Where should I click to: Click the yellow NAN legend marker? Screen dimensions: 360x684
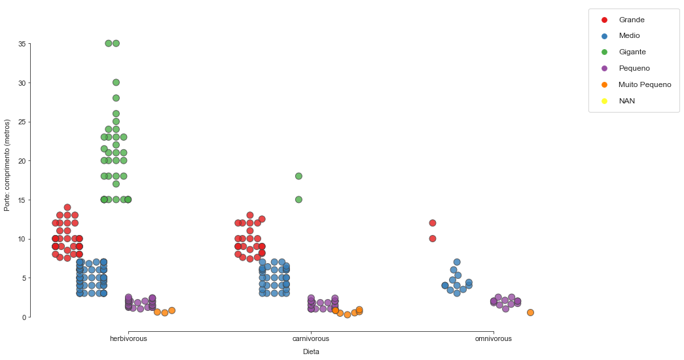(x=604, y=101)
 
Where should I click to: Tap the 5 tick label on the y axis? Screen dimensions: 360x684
(x=24, y=278)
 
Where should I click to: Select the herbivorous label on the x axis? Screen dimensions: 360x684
(x=128, y=339)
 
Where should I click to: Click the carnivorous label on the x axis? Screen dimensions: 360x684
(x=311, y=339)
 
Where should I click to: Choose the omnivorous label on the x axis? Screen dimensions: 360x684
(x=494, y=339)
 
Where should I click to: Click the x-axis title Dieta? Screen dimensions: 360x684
(x=311, y=352)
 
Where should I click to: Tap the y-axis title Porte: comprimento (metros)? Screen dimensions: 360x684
(x=7, y=165)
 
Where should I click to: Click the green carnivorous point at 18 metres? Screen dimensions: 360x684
(x=298, y=176)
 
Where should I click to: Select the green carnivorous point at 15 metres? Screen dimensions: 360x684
(x=298, y=200)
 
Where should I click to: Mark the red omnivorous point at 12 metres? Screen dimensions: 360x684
(x=433, y=223)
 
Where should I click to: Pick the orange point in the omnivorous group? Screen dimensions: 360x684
(x=530, y=312)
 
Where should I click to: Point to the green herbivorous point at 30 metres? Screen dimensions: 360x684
(x=116, y=82)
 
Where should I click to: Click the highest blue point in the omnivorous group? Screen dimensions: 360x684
(x=457, y=262)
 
